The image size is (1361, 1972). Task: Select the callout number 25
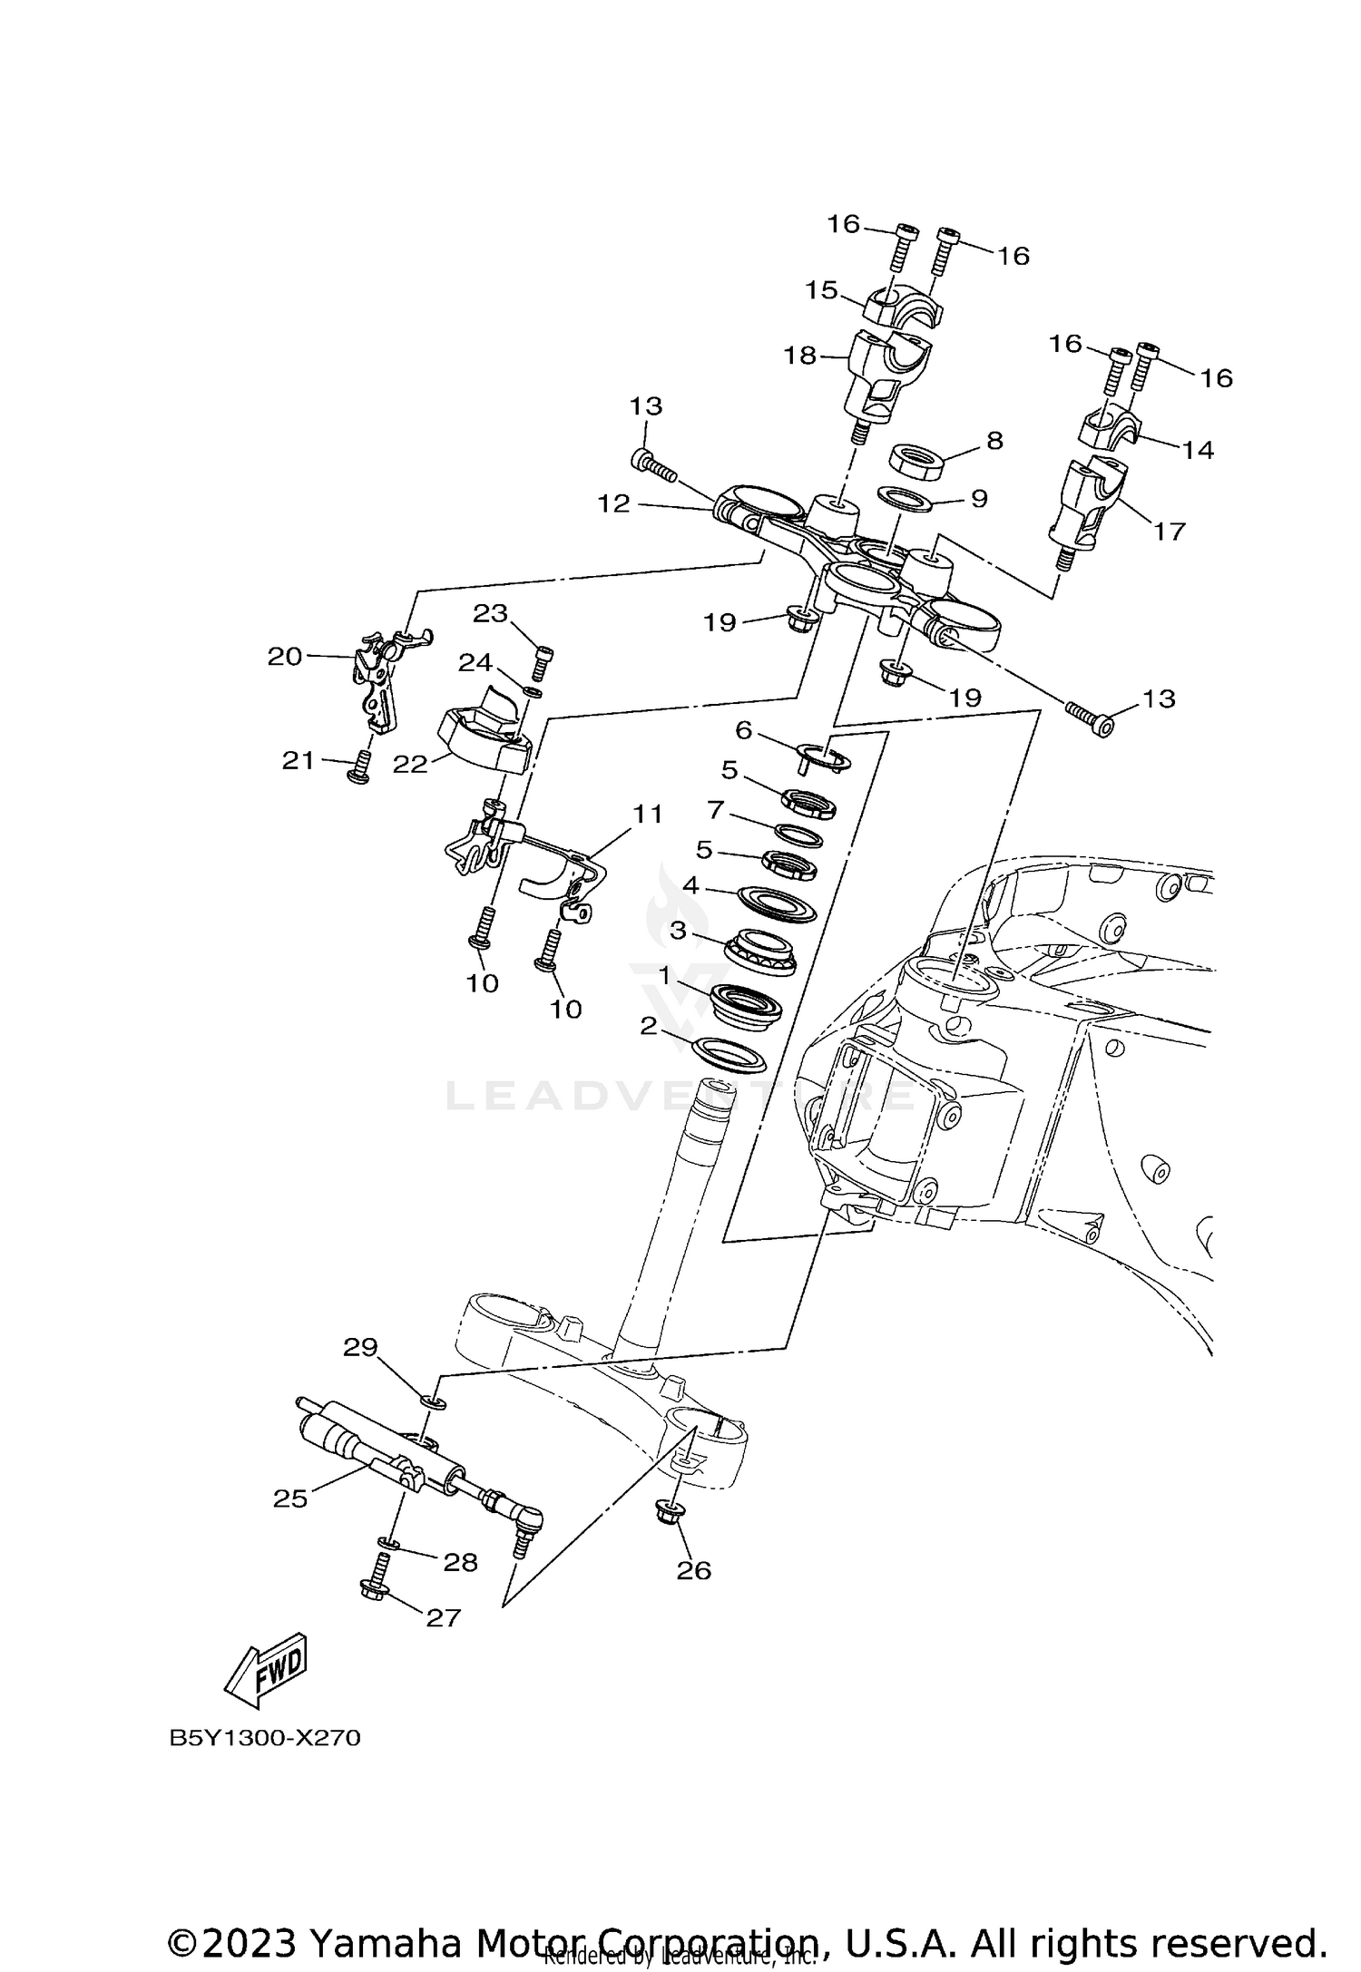coord(290,1499)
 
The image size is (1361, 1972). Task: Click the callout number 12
coord(613,503)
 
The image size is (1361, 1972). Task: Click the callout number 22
coord(409,764)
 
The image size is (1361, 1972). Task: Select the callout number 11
coord(647,814)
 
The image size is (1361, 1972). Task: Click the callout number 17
coord(1169,531)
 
